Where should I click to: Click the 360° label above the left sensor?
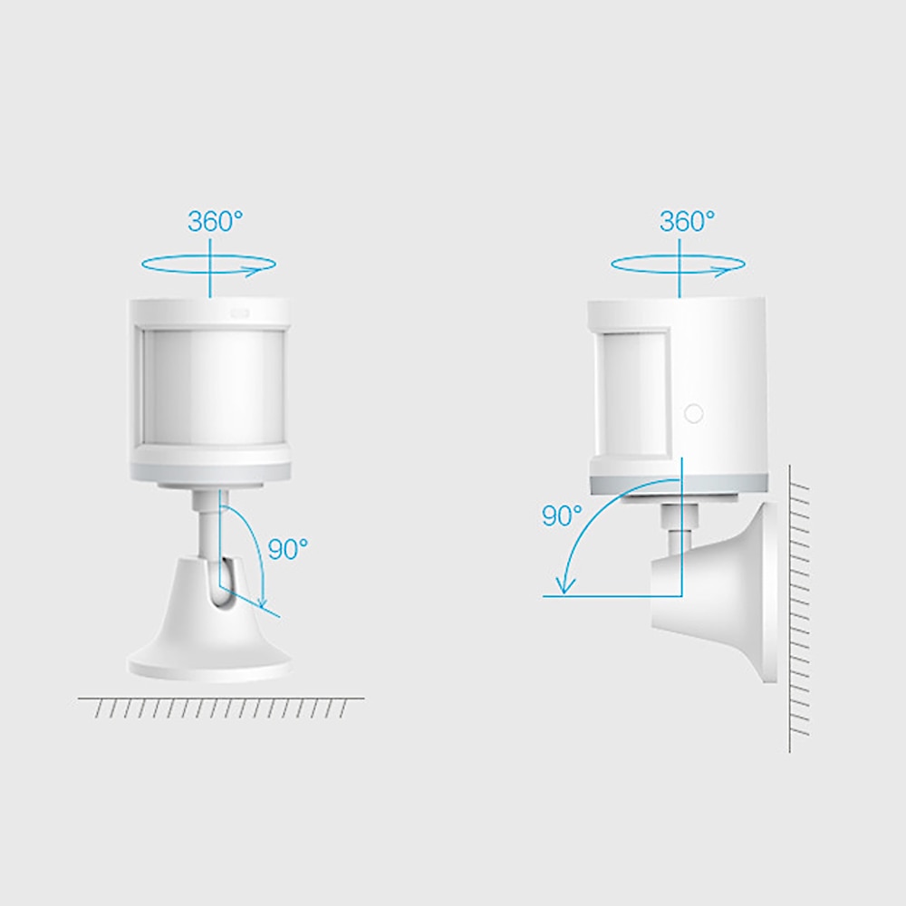215,221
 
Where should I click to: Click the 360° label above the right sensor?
687,221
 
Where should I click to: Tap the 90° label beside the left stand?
288,548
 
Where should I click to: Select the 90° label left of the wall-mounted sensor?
562,516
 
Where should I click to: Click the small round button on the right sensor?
693,413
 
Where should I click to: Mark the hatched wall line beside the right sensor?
797,607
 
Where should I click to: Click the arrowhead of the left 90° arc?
263,602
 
